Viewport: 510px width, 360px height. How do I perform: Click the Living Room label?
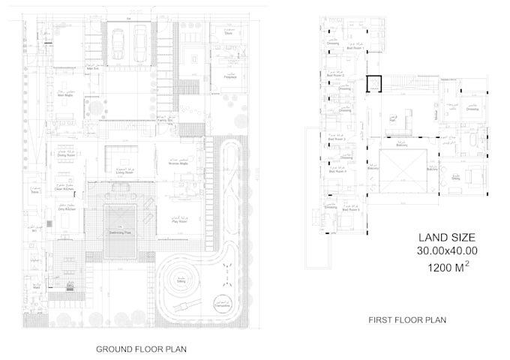(124, 172)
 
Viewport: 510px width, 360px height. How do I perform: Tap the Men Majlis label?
(67, 94)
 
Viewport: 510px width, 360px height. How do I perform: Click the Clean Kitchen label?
(65, 189)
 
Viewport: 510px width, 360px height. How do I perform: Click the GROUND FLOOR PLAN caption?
(141, 349)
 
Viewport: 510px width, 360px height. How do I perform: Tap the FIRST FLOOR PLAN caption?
(407, 319)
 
